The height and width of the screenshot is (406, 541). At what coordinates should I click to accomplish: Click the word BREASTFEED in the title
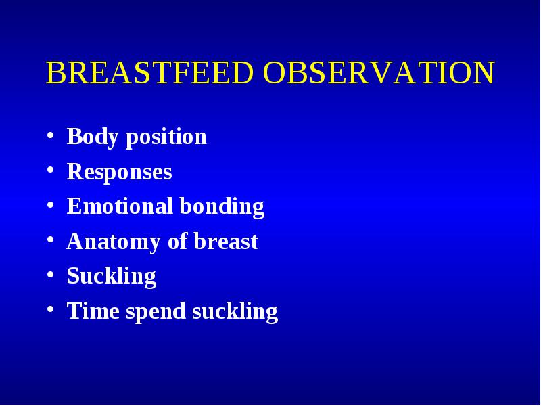click(149, 72)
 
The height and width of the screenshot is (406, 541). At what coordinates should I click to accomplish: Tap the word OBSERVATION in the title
click(379, 72)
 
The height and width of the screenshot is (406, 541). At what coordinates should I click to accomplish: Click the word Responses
click(119, 172)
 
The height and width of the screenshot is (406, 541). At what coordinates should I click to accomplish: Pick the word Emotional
click(120, 206)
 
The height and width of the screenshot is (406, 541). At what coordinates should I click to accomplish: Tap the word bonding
click(222, 207)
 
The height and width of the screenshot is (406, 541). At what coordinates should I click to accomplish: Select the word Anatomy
click(113, 242)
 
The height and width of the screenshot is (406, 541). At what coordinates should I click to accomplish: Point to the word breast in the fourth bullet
click(226, 241)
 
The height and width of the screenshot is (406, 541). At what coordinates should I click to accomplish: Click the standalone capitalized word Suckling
click(112, 277)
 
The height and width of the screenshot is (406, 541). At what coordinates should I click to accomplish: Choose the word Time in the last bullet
click(93, 311)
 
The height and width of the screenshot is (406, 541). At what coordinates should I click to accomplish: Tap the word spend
click(156, 311)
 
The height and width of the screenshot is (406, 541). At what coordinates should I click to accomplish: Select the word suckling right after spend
click(235, 311)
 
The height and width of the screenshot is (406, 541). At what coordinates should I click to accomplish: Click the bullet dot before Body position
click(50, 135)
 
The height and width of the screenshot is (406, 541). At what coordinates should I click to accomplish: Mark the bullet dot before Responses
click(50, 171)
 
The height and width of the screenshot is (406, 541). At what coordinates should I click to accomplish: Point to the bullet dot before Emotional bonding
click(50, 205)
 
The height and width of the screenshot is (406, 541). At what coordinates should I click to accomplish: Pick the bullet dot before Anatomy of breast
click(50, 240)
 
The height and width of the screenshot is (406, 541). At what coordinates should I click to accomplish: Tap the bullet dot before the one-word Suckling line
click(50, 275)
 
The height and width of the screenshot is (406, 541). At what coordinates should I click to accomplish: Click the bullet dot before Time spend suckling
click(50, 309)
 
